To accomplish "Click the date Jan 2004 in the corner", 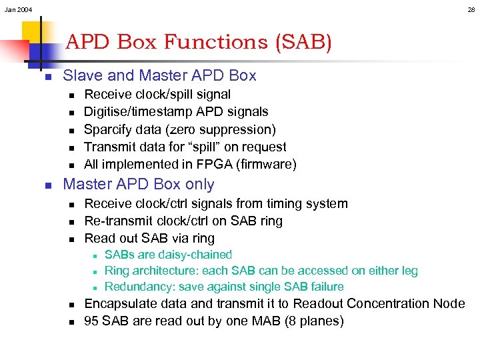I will coord(18,9).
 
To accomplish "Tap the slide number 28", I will coord(471,9).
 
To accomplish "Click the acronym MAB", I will coord(257,321).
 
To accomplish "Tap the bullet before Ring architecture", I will coord(96,271).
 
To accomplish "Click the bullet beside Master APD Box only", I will coord(48,185).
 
